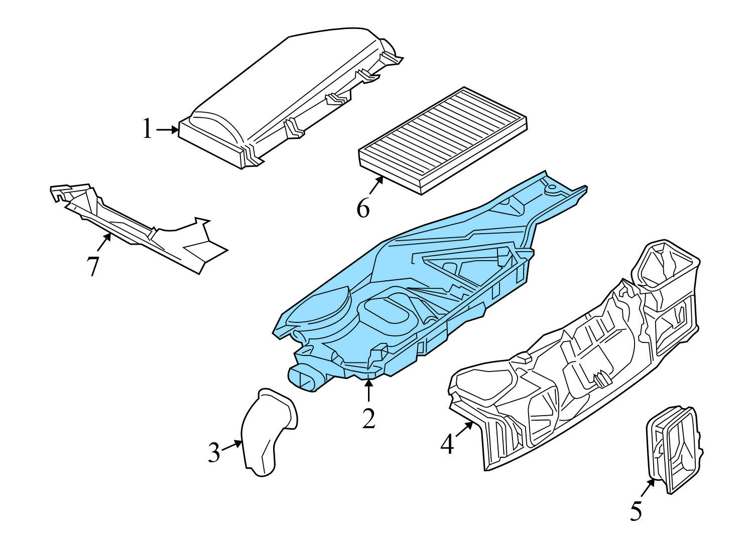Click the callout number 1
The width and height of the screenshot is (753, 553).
tap(147, 129)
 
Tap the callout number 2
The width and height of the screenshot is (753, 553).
tap(369, 418)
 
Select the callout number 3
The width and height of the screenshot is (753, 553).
tap(214, 453)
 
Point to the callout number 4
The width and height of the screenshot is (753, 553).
tap(447, 444)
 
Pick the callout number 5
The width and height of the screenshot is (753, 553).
tap(636, 511)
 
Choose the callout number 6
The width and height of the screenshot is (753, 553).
tap(363, 208)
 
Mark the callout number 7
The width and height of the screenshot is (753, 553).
tap(93, 266)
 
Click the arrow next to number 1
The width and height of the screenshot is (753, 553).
tap(168, 130)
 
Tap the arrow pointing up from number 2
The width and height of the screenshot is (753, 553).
tap(369, 391)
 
